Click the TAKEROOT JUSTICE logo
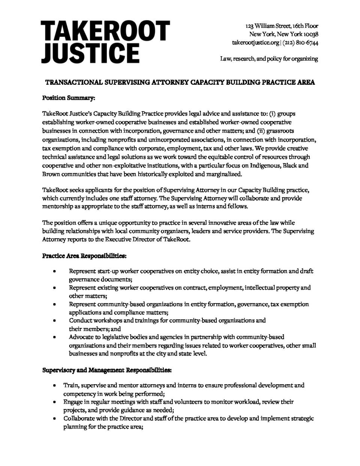coord(105,42)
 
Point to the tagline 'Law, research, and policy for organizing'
coord(269,59)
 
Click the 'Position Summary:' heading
coord(69,98)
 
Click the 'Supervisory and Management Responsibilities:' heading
coord(107,370)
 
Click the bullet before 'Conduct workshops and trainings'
coord(55,321)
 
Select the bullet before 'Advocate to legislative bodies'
coord(55,337)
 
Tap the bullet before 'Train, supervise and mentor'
coord(55,385)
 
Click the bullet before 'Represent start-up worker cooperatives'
coord(55,271)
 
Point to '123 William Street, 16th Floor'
coord(282,26)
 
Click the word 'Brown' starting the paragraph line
coord(51,174)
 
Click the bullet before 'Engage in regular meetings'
coord(55,402)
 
